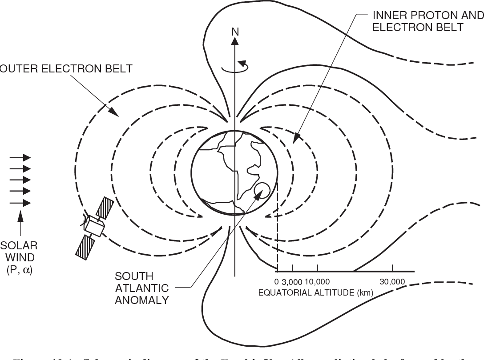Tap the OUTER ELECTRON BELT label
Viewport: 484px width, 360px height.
[x=66, y=68]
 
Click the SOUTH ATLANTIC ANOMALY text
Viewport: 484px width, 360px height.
[x=141, y=288]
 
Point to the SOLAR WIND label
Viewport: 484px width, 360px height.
[x=19, y=251]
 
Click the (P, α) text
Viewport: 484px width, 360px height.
[x=19, y=269]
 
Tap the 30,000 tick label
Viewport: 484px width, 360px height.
[x=392, y=282]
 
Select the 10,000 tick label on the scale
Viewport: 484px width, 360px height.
[x=318, y=282]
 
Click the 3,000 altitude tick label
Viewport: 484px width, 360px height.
[x=292, y=282]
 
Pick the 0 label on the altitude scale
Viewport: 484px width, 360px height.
[x=276, y=282]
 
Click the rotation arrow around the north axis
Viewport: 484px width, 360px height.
[x=236, y=67]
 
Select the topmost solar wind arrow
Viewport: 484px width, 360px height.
[x=20, y=157]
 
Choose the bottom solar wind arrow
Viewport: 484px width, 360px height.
[x=20, y=203]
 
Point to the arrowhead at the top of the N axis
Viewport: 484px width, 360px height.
[x=234, y=41]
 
